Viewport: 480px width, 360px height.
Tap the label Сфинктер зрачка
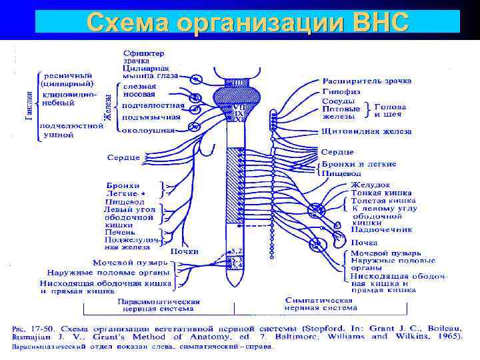145,56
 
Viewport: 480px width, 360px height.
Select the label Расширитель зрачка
366,81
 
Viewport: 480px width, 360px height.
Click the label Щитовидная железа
366,131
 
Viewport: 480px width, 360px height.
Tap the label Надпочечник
382,229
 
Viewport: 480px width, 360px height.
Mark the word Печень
121,232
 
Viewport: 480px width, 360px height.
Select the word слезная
139,86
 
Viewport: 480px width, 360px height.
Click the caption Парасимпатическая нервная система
159,305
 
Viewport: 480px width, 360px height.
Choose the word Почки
184,251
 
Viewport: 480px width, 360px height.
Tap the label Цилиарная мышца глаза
145,72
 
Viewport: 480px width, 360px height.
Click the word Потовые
342,109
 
